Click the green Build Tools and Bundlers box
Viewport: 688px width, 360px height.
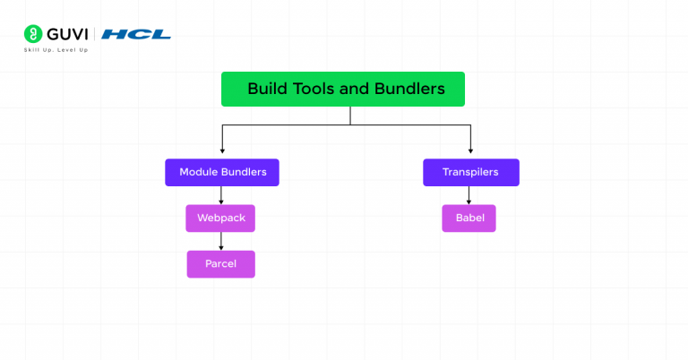pyautogui.click(x=343, y=90)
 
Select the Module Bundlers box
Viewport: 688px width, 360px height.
pyautogui.click(x=222, y=172)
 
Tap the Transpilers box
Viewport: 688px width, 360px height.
pyautogui.click(x=470, y=172)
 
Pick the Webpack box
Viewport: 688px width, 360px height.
pyautogui.click(x=220, y=219)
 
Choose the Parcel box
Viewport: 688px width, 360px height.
pyautogui.click(x=220, y=264)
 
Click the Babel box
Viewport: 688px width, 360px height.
pyautogui.click(x=469, y=219)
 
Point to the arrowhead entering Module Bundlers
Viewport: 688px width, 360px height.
pyautogui.click(x=222, y=154)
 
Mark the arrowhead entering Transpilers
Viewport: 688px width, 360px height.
pyautogui.click(x=470, y=154)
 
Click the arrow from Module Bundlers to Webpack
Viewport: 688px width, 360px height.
pyautogui.click(x=221, y=195)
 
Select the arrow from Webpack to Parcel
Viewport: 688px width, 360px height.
pyautogui.click(x=221, y=241)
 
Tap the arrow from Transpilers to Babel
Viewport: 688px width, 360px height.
pyautogui.click(x=469, y=195)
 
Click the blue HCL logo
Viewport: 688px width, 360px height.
pyautogui.click(x=136, y=34)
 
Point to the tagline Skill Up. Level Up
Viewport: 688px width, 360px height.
pyautogui.click(x=56, y=50)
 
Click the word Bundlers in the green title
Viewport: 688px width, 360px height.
pyautogui.click(x=409, y=90)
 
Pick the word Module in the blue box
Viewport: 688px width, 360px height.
pyautogui.click(x=198, y=172)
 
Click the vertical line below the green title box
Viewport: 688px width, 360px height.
pyautogui.click(x=350, y=116)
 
